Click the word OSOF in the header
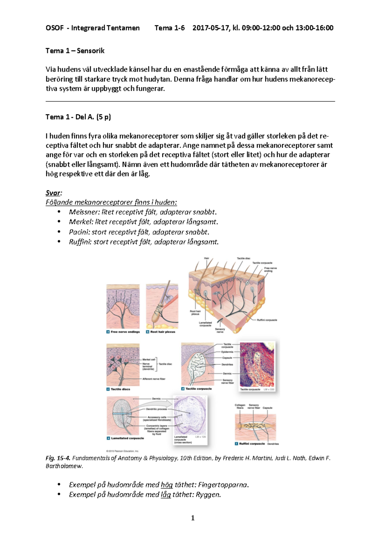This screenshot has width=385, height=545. (55, 28)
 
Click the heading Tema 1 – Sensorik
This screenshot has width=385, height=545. (75, 51)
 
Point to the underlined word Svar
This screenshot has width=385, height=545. (53, 193)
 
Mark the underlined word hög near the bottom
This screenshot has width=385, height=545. (167, 485)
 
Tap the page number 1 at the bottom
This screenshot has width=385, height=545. (193, 518)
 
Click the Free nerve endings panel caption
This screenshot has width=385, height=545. (125, 332)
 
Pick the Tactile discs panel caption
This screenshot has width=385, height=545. (120, 389)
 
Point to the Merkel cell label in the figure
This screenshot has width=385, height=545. (149, 359)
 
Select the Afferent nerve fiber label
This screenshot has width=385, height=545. (154, 379)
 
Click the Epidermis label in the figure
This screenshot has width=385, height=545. (227, 352)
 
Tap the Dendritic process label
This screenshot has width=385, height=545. (156, 409)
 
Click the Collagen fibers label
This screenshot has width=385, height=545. (240, 406)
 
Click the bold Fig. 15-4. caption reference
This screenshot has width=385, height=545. (58, 458)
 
